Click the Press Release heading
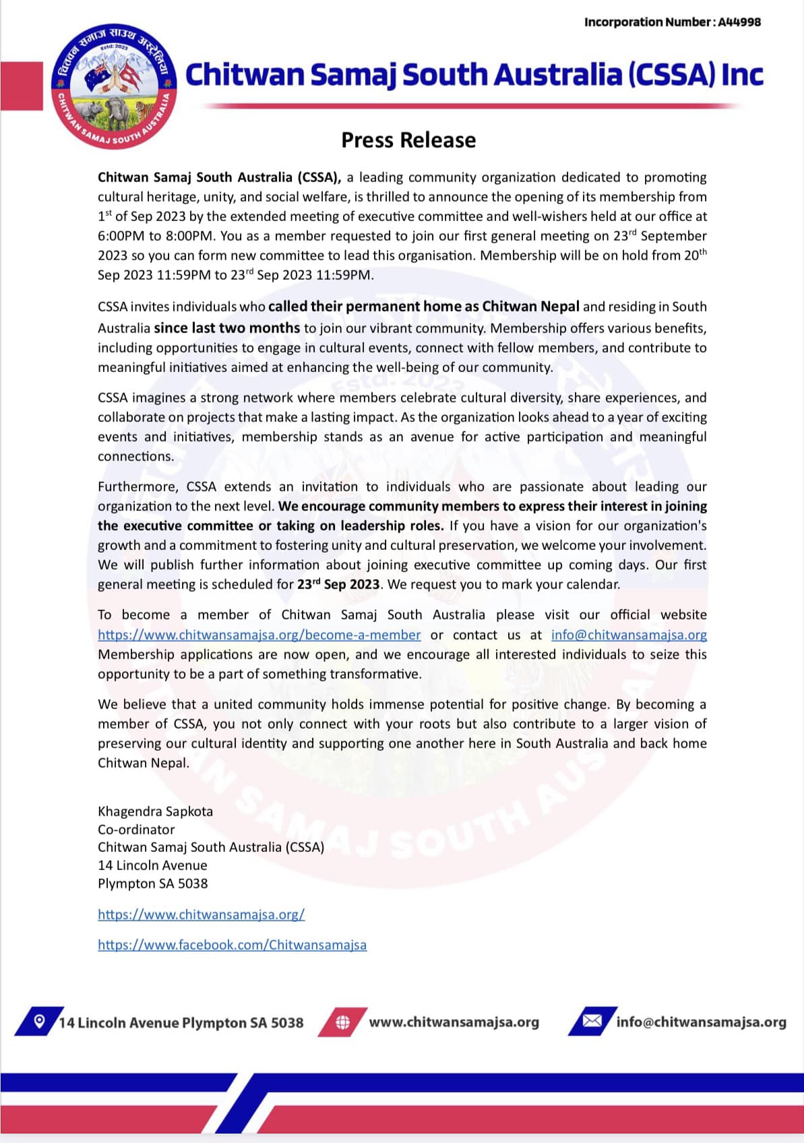click(408, 140)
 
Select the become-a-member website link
click(259, 635)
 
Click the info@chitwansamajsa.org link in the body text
click(629, 635)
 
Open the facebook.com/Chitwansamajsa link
click(233, 945)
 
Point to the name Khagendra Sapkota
click(155, 811)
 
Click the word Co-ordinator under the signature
click(136, 830)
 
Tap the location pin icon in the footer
click(39, 1021)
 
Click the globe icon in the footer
click(343, 1022)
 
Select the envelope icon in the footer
click(592, 1021)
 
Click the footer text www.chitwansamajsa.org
click(454, 1022)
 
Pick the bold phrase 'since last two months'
click(227, 328)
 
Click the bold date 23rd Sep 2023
click(338, 584)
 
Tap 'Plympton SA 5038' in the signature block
click(153, 884)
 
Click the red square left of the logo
click(21, 86)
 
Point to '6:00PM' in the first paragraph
click(121, 236)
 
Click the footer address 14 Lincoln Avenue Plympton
click(181, 1023)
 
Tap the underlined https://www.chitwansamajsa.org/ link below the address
click(202, 915)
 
